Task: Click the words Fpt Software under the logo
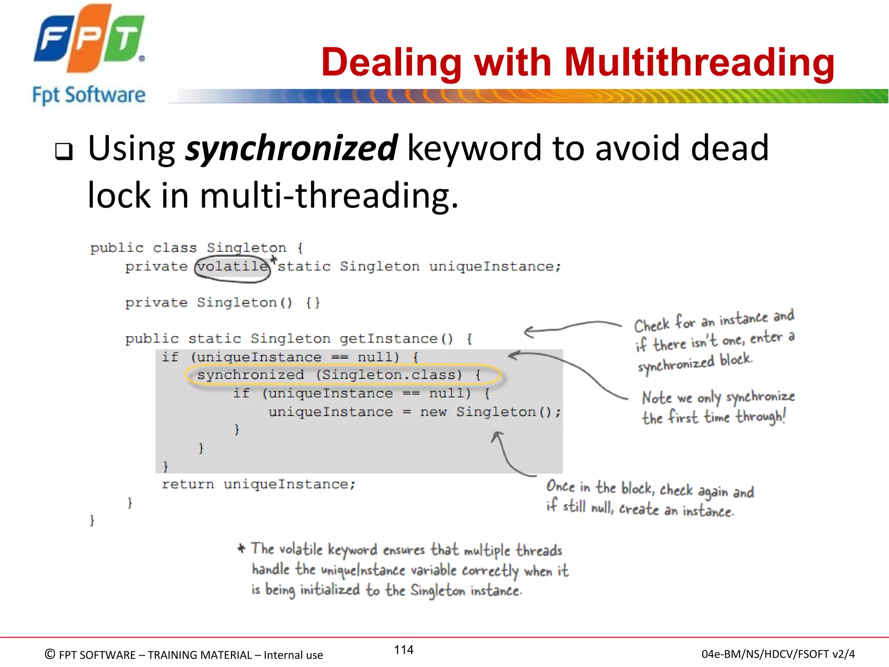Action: [89, 95]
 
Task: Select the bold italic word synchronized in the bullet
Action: [291, 148]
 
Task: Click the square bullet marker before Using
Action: [64, 152]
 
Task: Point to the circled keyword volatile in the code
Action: [232, 266]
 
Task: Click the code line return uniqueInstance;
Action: [259, 484]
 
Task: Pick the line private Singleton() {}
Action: [222, 302]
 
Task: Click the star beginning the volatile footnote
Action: [242, 548]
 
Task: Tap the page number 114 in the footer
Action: [403, 650]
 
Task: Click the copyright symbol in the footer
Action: [50, 654]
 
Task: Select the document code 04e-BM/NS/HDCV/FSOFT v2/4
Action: [778, 654]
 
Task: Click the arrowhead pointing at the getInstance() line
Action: [528, 332]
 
